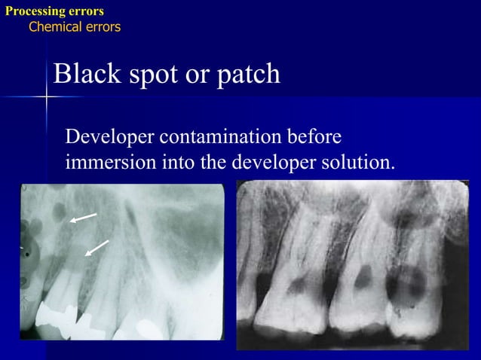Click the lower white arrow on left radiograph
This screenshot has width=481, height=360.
97,248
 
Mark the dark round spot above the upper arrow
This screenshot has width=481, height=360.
55,213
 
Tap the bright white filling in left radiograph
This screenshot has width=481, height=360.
57,313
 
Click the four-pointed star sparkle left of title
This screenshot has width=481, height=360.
46,96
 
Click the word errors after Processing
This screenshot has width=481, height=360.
86,11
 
